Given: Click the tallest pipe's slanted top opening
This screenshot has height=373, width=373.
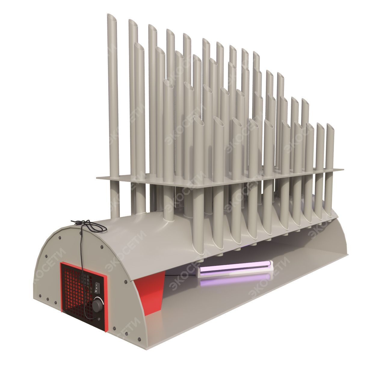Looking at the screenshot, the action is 112,18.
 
